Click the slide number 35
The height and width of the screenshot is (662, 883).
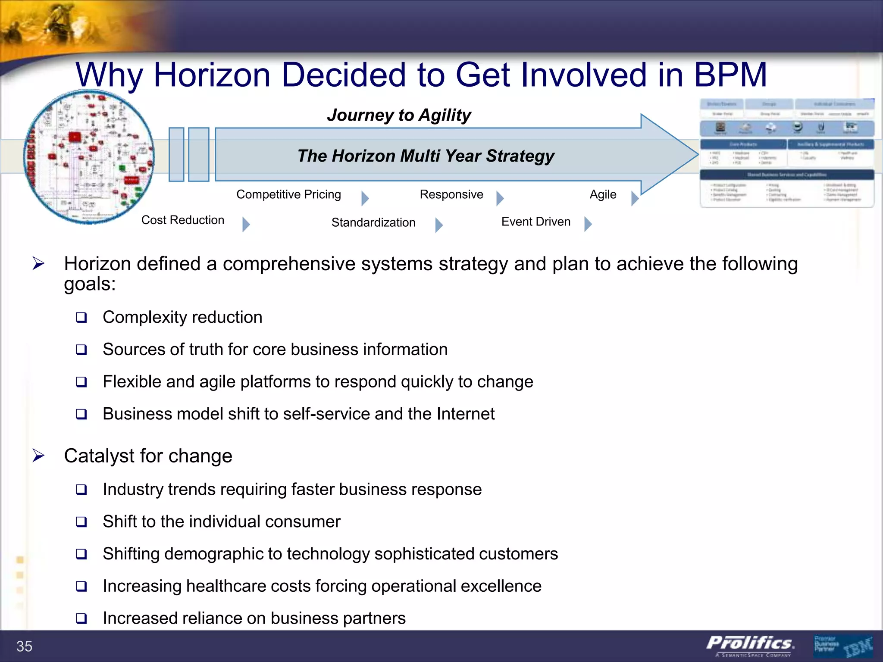tap(24, 646)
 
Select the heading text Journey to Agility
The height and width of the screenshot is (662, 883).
tap(399, 115)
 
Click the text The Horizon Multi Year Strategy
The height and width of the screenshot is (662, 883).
tap(426, 156)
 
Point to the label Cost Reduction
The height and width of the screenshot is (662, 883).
tap(183, 220)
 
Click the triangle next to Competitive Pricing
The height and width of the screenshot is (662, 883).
tap(365, 198)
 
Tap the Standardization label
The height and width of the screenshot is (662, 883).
tap(373, 222)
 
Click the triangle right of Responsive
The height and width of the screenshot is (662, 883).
tap(500, 198)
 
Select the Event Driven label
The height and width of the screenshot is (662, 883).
tap(535, 222)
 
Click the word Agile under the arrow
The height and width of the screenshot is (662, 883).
tap(603, 194)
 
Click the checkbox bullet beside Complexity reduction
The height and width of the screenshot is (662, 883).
tap(81, 318)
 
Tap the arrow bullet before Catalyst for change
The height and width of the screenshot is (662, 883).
tap(38, 455)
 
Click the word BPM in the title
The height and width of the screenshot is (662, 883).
tap(730, 75)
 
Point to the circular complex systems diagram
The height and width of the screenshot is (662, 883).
tap(89, 157)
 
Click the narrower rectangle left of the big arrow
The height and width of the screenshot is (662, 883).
tap(176, 154)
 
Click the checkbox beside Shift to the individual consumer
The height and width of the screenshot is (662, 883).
tap(81, 522)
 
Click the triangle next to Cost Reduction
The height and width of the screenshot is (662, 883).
tap(246, 224)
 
